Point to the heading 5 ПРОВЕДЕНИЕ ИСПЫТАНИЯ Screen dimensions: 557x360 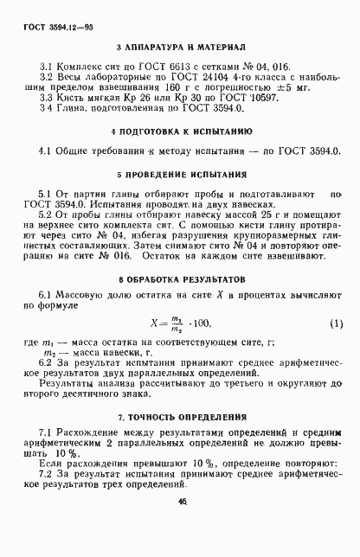[x=179, y=174]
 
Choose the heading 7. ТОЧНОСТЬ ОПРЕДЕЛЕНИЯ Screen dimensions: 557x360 [x=179, y=415]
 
